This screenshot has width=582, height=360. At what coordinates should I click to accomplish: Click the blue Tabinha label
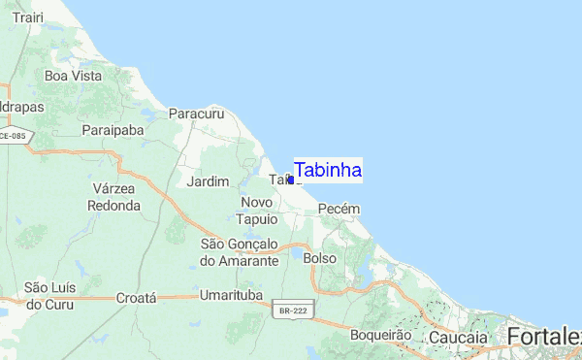click(x=328, y=170)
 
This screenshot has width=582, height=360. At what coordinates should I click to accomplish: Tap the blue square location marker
click(x=290, y=180)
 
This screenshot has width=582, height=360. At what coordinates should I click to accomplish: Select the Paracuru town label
click(x=196, y=114)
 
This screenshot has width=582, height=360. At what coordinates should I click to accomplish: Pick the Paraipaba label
click(x=113, y=129)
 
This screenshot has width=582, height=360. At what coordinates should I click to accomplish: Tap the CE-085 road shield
click(x=13, y=137)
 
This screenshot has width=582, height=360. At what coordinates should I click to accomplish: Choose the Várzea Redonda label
click(x=113, y=196)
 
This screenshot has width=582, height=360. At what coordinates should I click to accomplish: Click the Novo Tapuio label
click(x=257, y=210)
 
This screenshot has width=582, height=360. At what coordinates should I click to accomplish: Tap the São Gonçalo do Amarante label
click(x=239, y=251)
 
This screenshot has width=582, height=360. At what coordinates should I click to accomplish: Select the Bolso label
click(x=319, y=259)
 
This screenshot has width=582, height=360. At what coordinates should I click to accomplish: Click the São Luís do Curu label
click(x=49, y=295)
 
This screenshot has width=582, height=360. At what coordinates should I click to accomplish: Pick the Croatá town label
click(x=136, y=299)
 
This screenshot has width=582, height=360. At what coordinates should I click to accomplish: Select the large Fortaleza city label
click(x=543, y=336)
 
